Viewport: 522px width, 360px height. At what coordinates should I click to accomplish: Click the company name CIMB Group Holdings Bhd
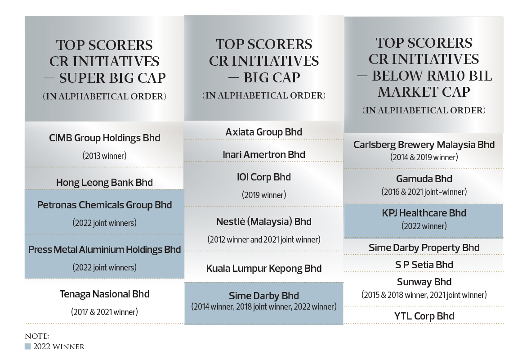104,138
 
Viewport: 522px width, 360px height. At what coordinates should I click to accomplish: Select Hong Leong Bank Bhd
104,182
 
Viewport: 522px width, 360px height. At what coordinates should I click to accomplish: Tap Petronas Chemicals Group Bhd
104,205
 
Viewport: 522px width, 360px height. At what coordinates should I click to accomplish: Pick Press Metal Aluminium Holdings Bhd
104,250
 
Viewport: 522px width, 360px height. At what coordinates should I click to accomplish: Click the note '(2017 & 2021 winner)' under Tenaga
104,312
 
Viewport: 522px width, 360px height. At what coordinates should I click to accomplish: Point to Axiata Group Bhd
264,132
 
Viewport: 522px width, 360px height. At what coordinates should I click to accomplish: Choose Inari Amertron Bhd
264,155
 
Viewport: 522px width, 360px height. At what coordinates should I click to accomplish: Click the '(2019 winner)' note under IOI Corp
264,195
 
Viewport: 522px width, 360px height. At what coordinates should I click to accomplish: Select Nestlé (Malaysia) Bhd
264,222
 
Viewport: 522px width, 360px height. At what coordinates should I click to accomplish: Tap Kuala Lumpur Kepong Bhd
264,269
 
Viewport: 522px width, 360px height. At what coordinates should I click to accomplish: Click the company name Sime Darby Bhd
264,296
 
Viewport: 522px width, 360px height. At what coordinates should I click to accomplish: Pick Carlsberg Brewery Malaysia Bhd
424,144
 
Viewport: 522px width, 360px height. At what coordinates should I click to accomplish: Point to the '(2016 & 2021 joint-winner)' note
424,192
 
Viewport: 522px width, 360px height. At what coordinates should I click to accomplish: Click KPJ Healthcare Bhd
424,213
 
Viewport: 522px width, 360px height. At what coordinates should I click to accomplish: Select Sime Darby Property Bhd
424,248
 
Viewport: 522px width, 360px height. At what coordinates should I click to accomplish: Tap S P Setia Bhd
424,265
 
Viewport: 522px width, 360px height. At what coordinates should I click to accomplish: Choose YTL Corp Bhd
424,316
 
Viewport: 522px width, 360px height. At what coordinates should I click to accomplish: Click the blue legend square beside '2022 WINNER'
27,346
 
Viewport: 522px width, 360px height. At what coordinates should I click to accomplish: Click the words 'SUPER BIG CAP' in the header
112,78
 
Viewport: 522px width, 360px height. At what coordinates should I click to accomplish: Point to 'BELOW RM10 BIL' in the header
432,76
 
